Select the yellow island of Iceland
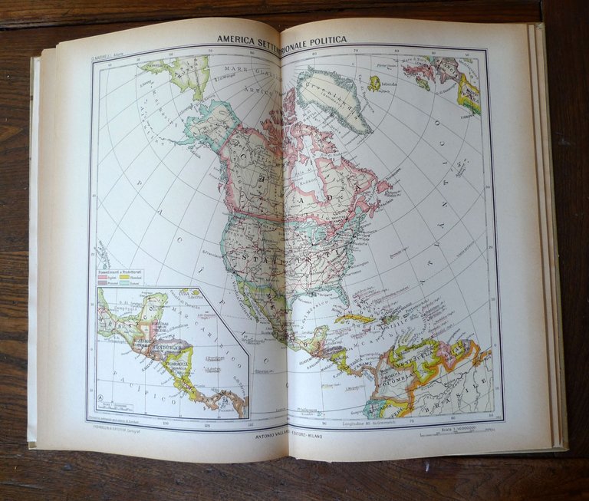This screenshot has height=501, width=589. pos(373,82)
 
